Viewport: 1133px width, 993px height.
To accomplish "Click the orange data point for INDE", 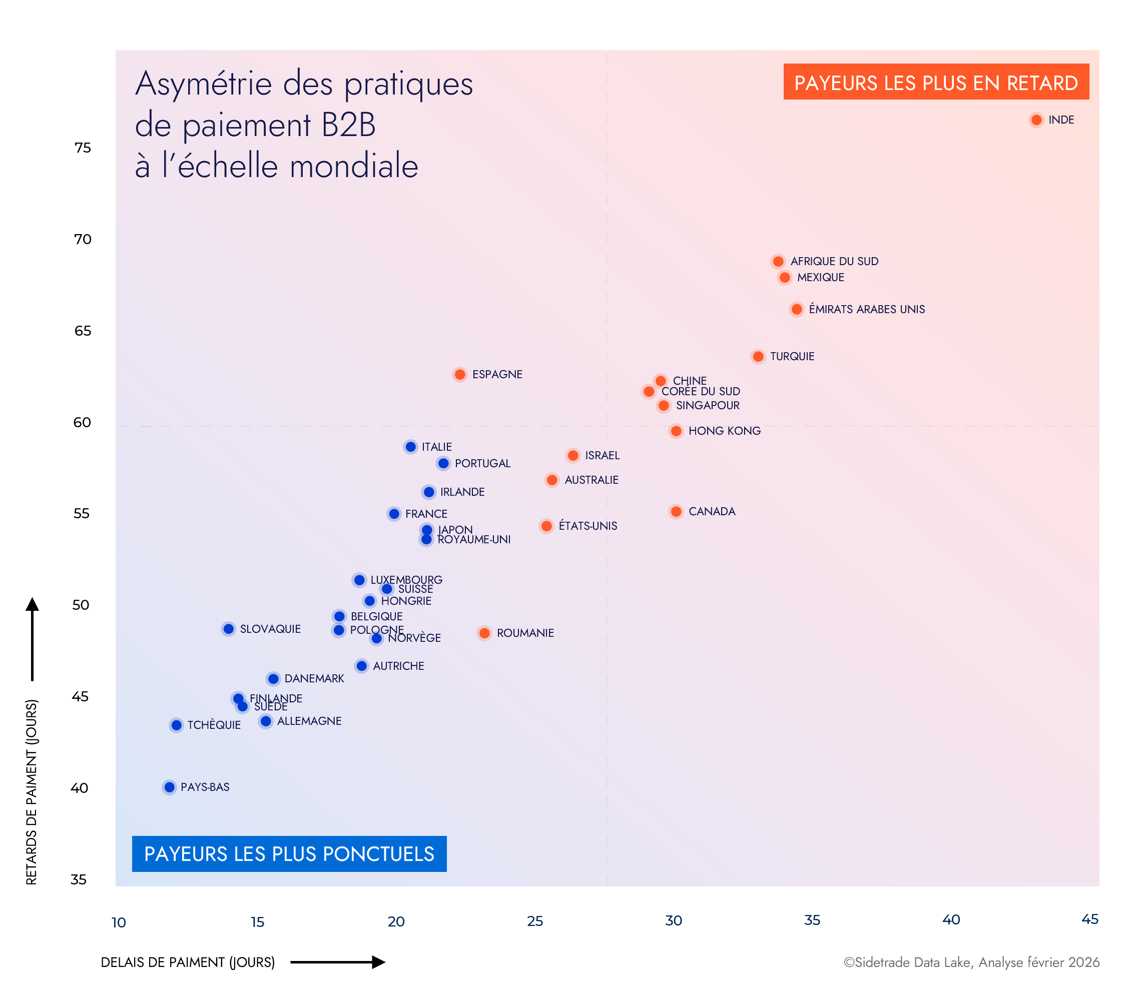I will [x=1036, y=120].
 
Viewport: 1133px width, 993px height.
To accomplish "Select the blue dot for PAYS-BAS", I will [x=170, y=787].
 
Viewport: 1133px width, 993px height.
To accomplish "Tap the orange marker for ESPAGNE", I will [x=459, y=375].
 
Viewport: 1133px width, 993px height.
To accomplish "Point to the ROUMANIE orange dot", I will [x=484, y=633].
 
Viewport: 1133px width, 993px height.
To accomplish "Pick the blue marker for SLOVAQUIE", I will [x=228, y=629].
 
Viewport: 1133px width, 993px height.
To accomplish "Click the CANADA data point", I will [x=676, y=511].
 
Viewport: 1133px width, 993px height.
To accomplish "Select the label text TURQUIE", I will [x=792, y=356].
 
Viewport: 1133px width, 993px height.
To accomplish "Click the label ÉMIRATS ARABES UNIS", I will [x=866, y=309].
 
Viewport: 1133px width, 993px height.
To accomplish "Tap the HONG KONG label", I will [x=724, y=431].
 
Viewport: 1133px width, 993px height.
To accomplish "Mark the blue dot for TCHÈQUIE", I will [x=176, y=725].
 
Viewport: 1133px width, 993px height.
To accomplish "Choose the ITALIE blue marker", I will [x=410, y=447].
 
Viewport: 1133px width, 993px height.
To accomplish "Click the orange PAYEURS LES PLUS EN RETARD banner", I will [x=936, y=82].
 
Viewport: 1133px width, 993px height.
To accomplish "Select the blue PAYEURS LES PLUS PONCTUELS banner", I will [x=289, y=853].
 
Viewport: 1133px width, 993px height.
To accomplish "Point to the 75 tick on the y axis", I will [x=83, y=148].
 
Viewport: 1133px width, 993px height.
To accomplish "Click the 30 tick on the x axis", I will [x=674, y=920].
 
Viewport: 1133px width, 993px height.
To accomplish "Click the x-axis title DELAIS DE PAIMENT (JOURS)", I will [x=188, y=962].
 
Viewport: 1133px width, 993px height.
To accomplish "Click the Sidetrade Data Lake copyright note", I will [x=971, y=962].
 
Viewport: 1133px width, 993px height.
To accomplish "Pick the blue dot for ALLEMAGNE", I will [x=266, y=721].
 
